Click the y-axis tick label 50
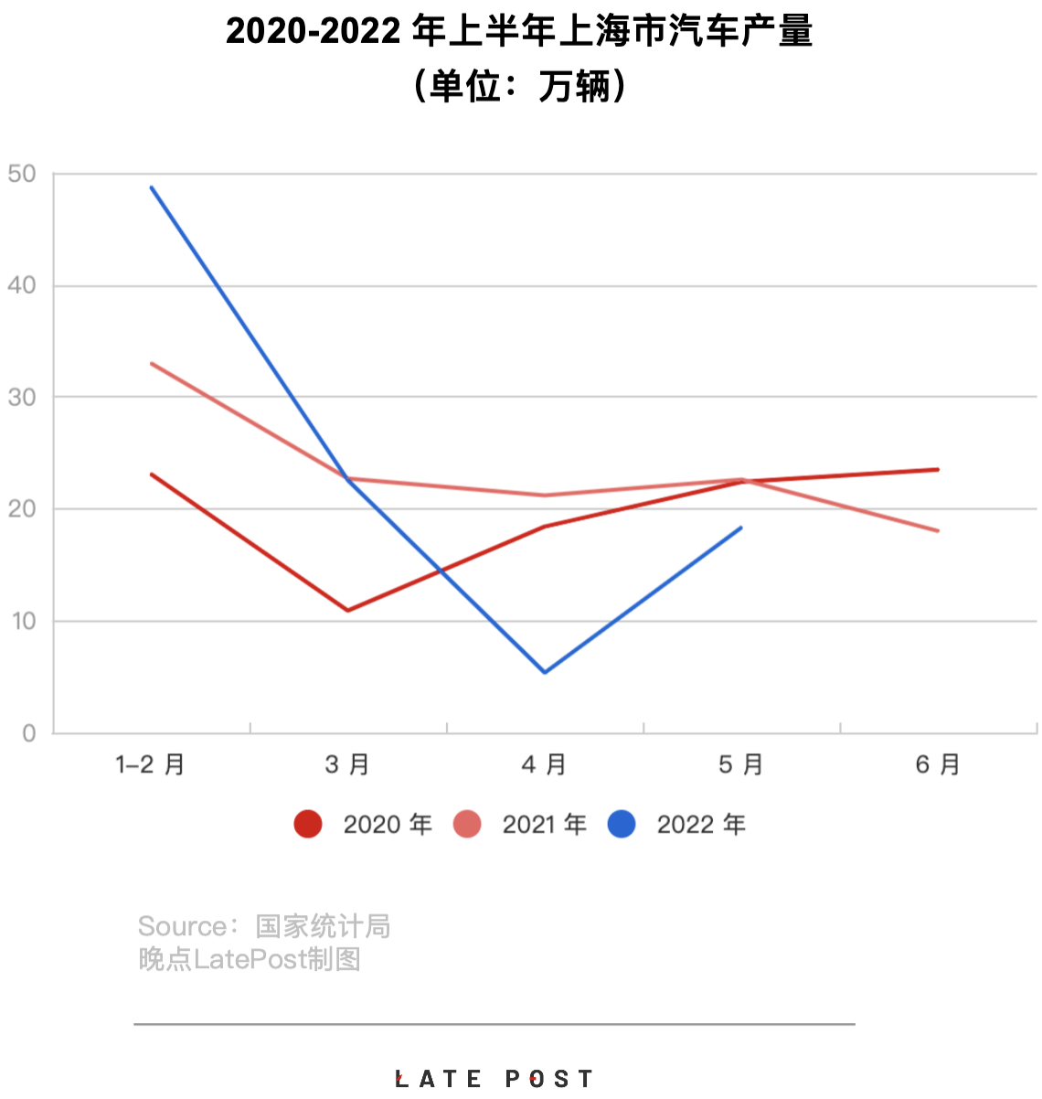point(22,174)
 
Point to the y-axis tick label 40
point(22,285)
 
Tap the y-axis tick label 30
point(22,398)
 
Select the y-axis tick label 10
point(22,622)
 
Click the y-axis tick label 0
point(29,733)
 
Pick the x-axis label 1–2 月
point(151,764)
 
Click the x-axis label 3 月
point(347,764)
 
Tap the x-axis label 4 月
point(544,764)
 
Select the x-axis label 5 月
point(740,764)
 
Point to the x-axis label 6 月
point(938,764)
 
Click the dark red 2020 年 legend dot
point(308,824)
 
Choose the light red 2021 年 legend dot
point(467,824)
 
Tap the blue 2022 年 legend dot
point(622,824)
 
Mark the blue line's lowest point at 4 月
point(545,672)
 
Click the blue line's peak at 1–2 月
point(152,187)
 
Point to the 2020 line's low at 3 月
point(348,610)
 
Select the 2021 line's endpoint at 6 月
point(938,530)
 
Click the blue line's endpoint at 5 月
point(741,528)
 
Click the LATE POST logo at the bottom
point(494,1079)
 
